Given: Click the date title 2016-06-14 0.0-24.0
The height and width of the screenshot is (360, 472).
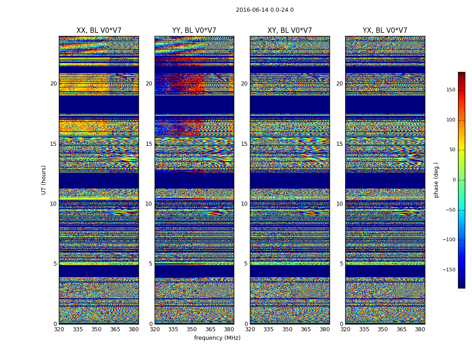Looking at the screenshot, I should point(265,10).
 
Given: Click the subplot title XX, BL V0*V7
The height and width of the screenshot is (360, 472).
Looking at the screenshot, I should point(99,31).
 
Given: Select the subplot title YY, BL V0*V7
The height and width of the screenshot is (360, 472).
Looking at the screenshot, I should point(194,31).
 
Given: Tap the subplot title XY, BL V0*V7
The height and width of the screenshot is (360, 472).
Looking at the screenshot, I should point(289,31).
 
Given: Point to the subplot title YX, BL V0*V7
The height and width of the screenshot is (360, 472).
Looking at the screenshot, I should point(385,31).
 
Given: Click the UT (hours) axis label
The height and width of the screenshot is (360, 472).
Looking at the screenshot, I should point(44,180).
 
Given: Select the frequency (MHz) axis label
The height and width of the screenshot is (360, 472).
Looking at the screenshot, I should point(217,338).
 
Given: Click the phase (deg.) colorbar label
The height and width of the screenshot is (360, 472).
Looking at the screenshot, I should point(436,180).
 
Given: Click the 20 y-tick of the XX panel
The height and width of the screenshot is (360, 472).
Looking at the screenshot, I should point(53,84).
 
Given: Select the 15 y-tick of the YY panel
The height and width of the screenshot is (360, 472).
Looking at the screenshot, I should point(149,144).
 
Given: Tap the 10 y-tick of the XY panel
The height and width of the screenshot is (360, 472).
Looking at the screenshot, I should point(244,204).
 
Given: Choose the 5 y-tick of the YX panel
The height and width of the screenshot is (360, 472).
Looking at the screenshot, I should point(341,264).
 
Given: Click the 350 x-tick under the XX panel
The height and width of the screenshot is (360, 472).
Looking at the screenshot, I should point(96,329).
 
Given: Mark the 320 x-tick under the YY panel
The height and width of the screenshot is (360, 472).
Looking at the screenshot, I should point(155,329).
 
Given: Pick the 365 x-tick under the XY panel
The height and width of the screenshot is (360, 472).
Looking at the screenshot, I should point(306,329).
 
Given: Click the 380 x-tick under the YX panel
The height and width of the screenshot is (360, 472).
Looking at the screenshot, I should point(420,329).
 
